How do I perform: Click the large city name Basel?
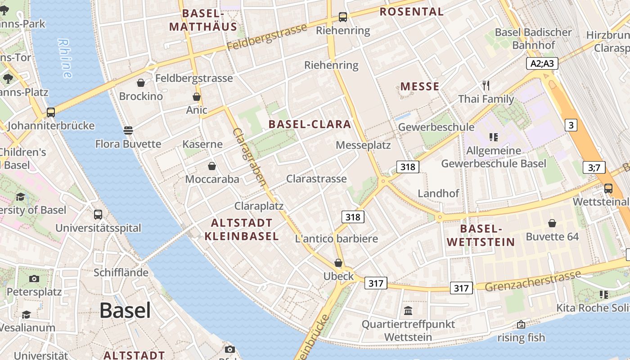pos(125,310)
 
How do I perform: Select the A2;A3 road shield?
pos(542,63)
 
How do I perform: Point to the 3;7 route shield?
pos(594,168)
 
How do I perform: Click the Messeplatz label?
pos(363,145)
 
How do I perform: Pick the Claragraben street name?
pos(250,157)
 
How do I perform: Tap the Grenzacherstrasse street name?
pos(533,281)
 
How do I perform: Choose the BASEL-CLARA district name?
pos(310,125)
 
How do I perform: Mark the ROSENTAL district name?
pos(412,12)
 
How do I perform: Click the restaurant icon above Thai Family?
pos(486,85)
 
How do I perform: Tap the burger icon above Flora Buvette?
pos(128,130)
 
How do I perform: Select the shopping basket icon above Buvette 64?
pos(552,223)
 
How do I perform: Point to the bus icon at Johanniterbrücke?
pos(51,112)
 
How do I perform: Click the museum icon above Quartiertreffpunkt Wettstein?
pos(408,310)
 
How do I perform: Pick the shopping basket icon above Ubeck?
pos(338,263)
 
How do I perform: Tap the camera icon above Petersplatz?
pos(34,279)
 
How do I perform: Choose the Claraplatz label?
pos(259,206)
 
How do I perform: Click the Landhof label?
pos(438,193)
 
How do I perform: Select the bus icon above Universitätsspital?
pos(98,215)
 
